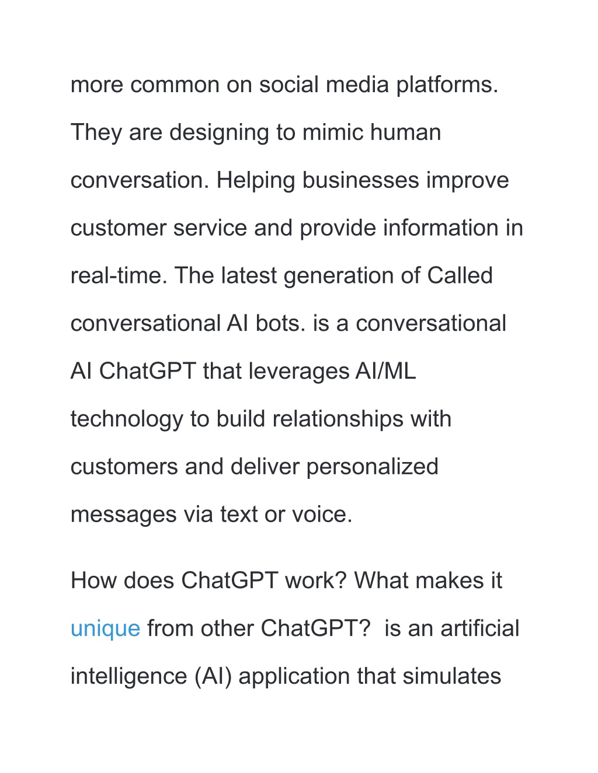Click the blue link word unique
point(105,628)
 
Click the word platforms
point(447,85)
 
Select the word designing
point(218,132)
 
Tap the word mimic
point(333,132)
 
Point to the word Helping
point(256,180)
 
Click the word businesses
point(360,180)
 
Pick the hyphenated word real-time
point(119,276)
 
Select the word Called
point(460,276)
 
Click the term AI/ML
point(385,371)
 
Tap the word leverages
point(298,372)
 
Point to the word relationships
point(338,419)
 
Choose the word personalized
point(372,467)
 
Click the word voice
point(322,515)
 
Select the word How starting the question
point(93,580)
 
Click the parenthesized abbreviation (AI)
point(213,676)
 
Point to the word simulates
point(451,676)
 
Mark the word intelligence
point(129,677)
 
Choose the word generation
point(339,277)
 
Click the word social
point(288,85)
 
